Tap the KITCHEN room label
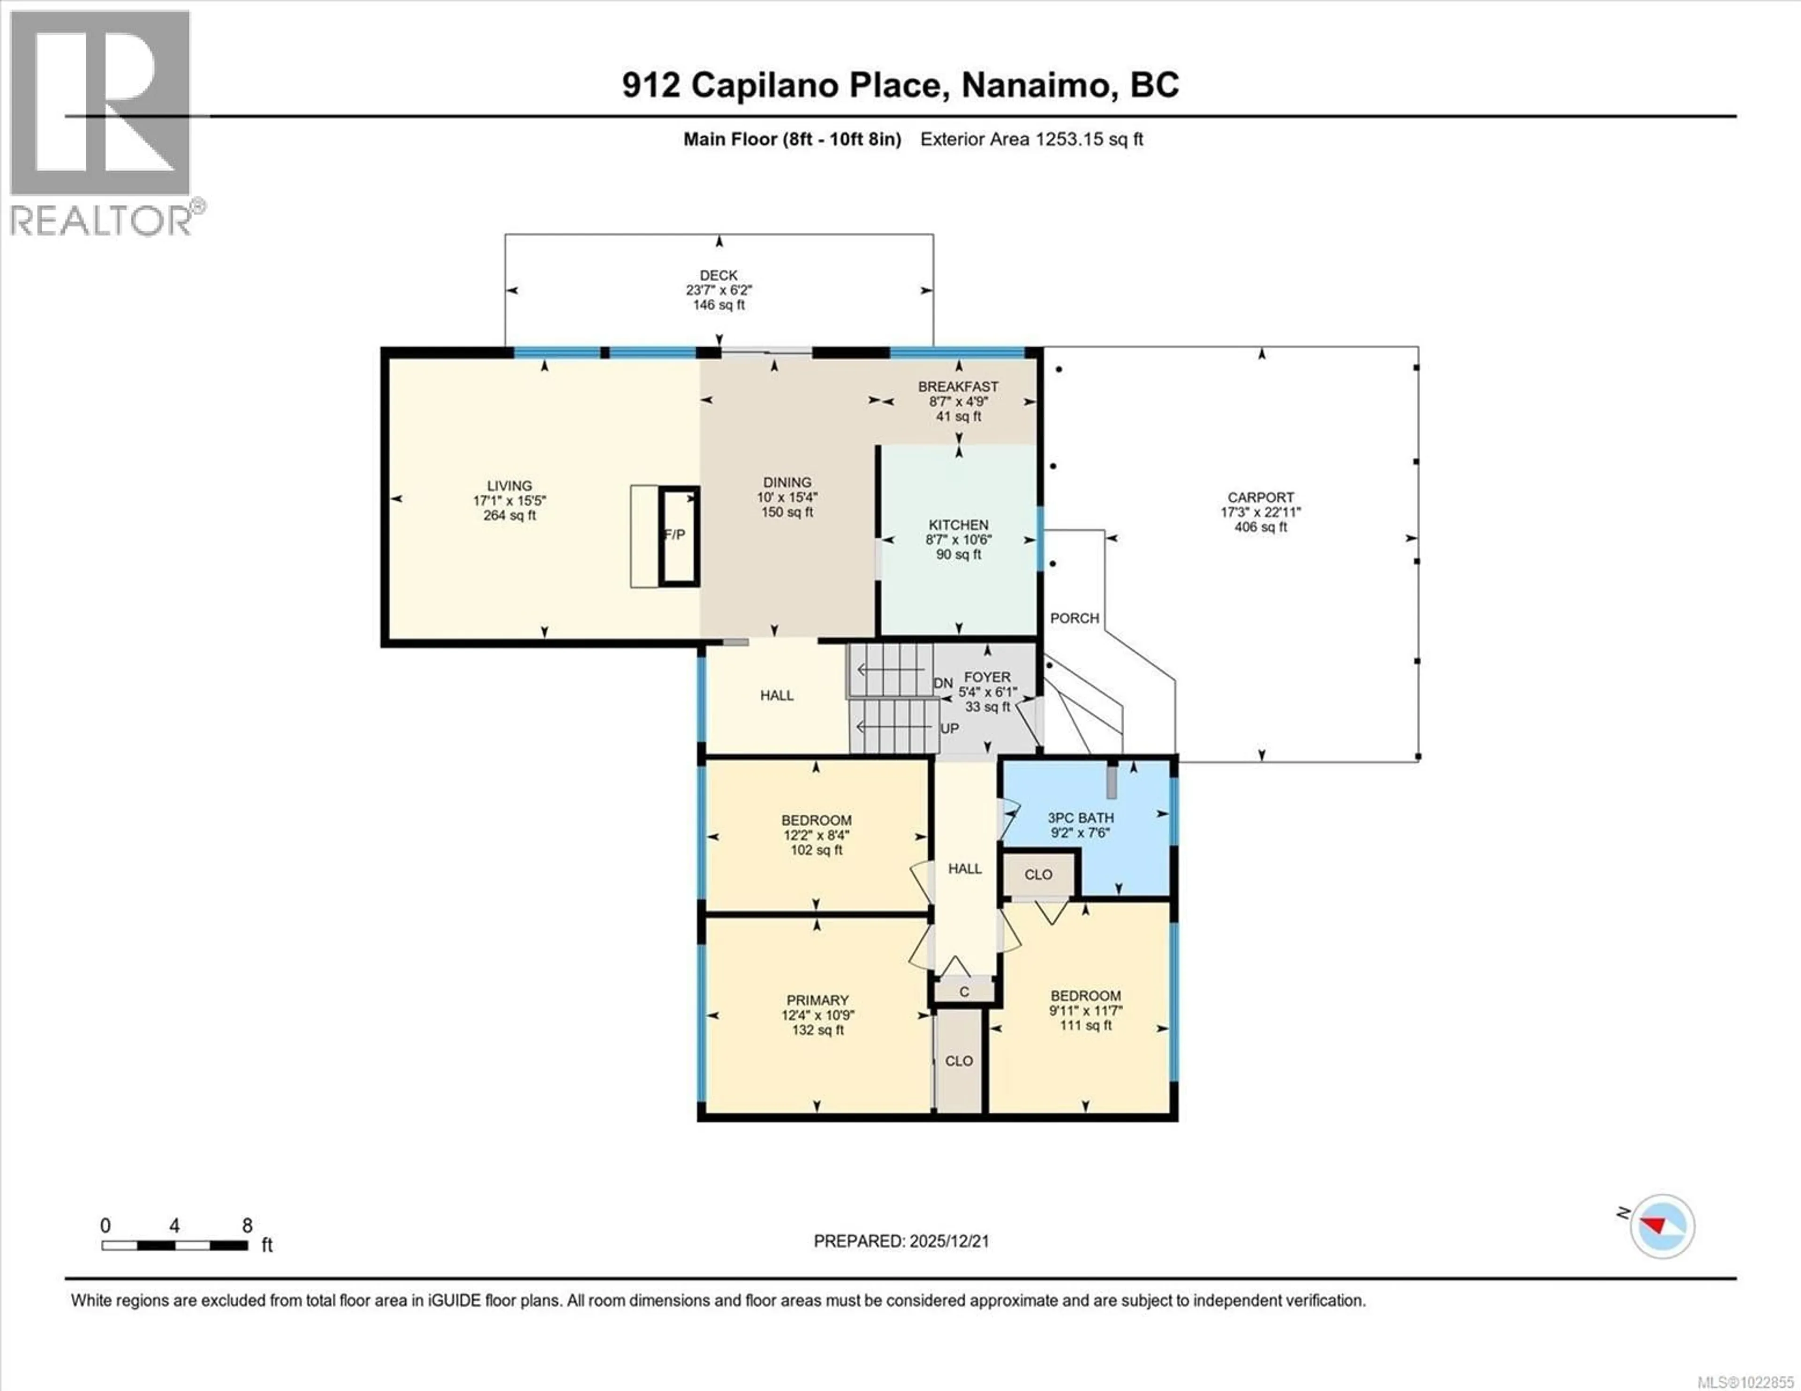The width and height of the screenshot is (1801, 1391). [958, 525]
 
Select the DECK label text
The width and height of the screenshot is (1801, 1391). [718, 275]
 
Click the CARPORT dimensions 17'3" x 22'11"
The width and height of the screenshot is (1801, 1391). [1260, 512]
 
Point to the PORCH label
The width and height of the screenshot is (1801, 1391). [1074, 617]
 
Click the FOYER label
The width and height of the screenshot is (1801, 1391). [987, 677]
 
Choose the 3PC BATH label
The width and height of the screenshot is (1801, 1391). [1080, 818]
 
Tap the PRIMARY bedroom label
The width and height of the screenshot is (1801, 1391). [817, 1000]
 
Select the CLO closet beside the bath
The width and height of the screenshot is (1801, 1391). [1038, 875]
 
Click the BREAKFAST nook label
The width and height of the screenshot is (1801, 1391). [958, 387]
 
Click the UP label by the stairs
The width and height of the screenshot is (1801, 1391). [949, 729]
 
